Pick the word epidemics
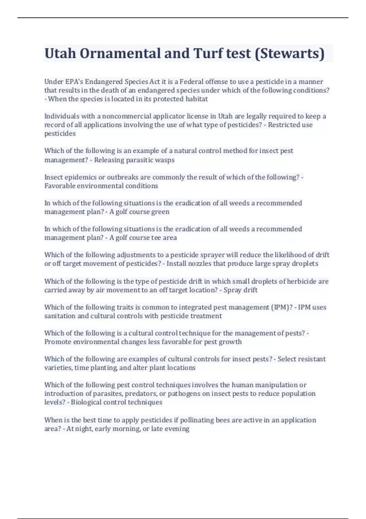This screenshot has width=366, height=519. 75,177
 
